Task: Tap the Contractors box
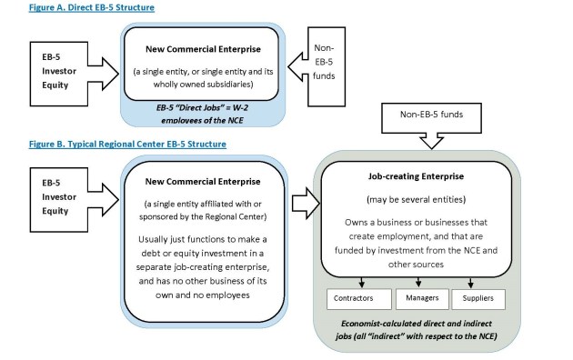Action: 357,298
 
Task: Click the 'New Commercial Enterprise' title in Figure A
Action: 200,45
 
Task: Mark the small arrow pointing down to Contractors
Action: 361,282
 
